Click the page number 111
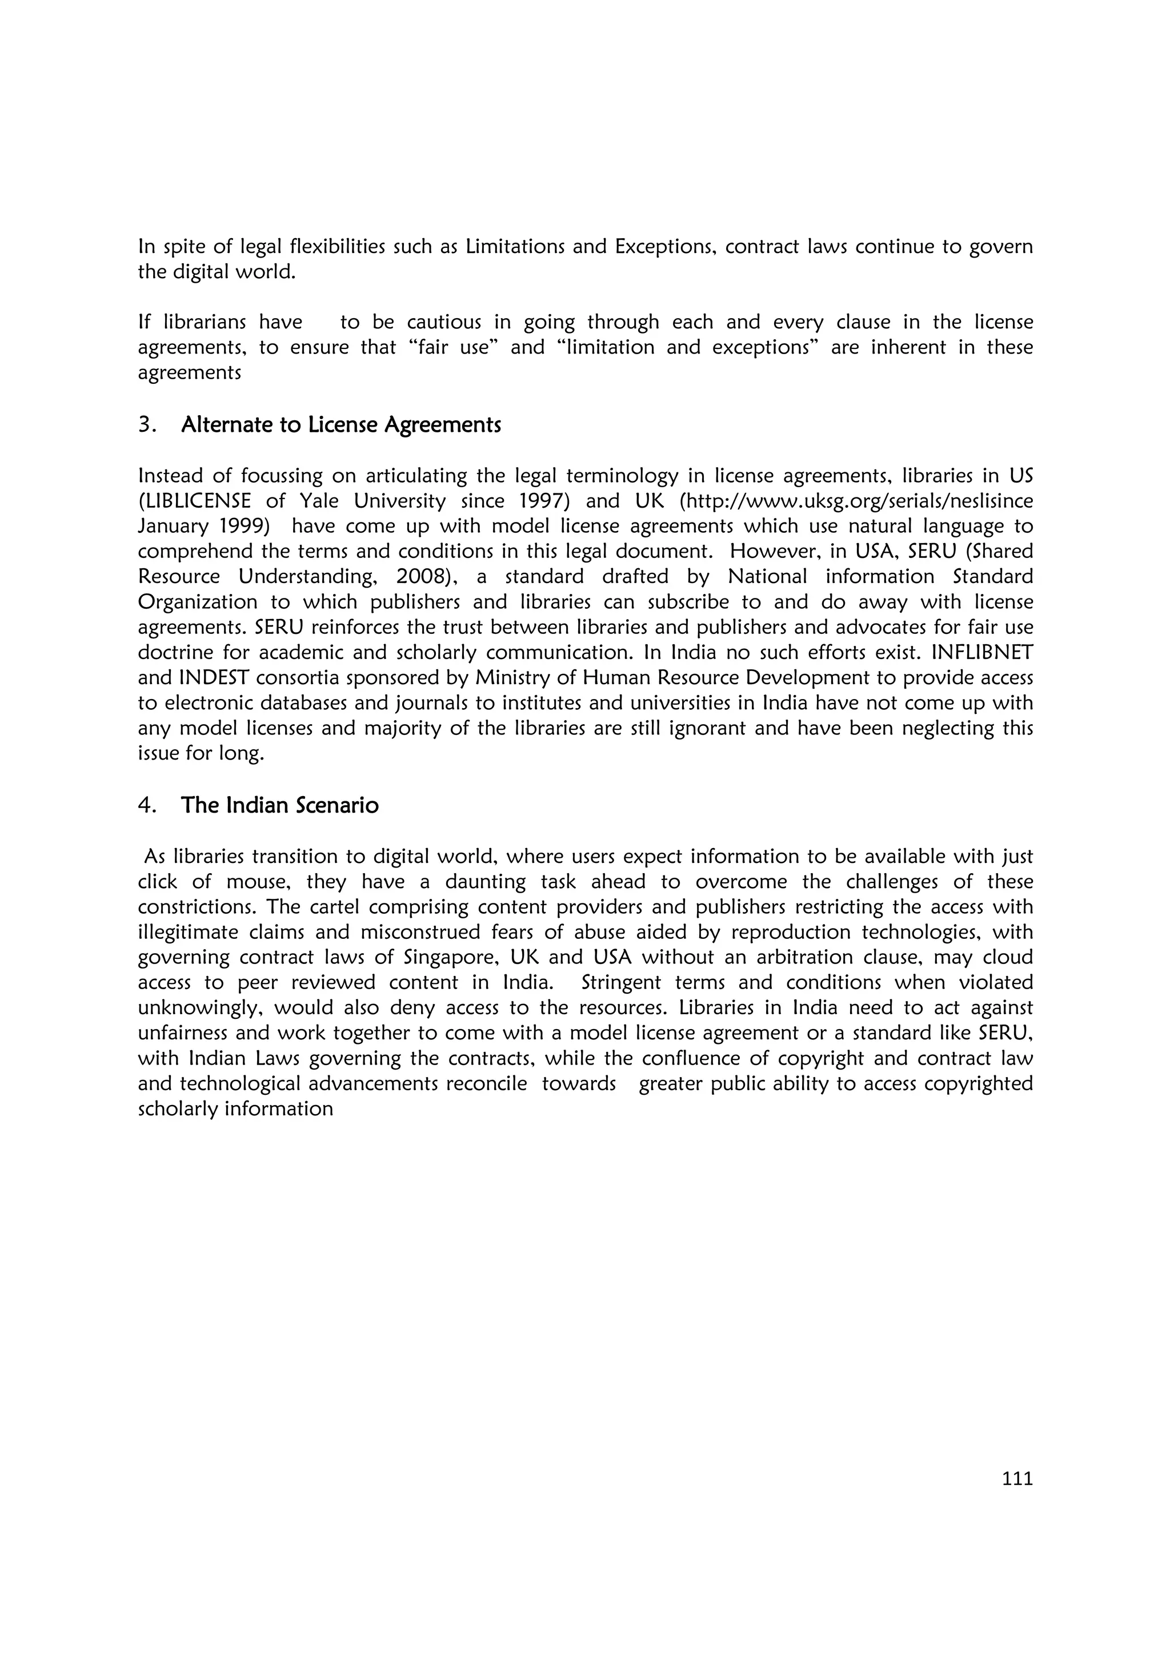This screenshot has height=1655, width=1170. point(1017,1479)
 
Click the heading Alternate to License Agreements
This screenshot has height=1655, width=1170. point(341,425)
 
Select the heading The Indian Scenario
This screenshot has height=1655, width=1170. point(280,805)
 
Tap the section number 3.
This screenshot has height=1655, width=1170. point(146,425)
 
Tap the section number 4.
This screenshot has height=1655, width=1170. point(146,805)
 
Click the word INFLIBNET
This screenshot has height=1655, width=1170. point(983,652)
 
